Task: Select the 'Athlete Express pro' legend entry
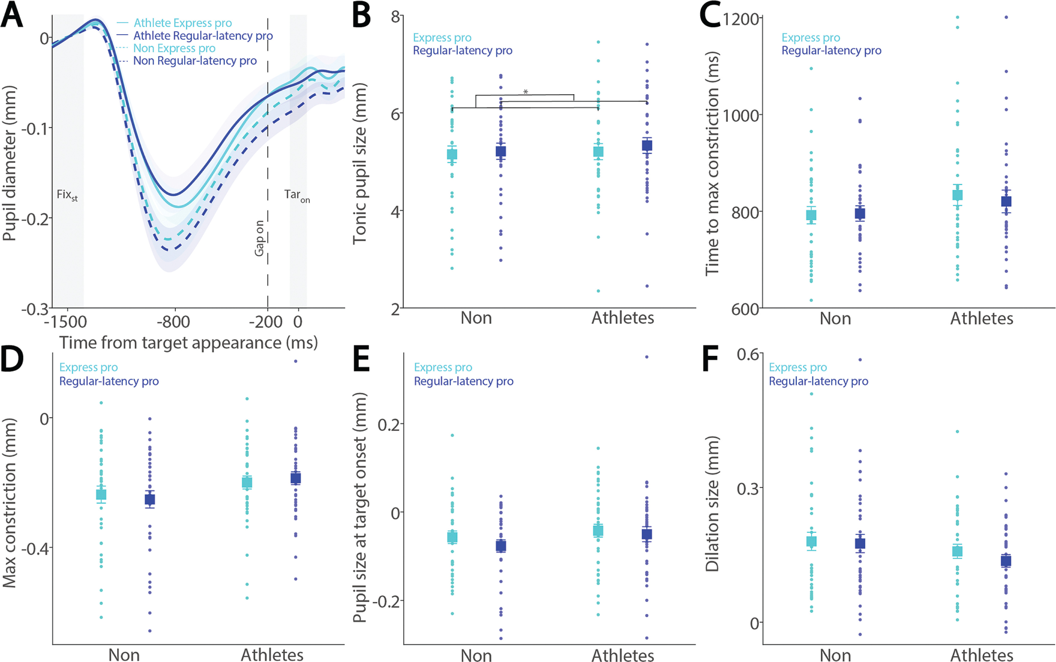pyautogui.click(x=182, y=23)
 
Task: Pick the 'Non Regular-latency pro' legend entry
pyautogui.click(x=195, y=61)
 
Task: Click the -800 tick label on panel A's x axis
pyautogui.click(x=174, y=322)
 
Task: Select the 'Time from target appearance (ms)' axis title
pyautogui.click(x=188, y=343)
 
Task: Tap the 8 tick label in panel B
pyautogui.click(x=396, y=17)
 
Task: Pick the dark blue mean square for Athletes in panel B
pyautogui.click(x=647, y=146)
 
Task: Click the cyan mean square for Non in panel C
pyautogui.click(x=811, y=215)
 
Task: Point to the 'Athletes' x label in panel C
pyautogui.click(x=982, y=318)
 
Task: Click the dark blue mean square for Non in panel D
pyautogui.click(x=150, y=499)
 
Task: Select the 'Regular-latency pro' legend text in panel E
pyautogui.click(x=463, y=381)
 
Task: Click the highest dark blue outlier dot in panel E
pyautogui.click(x=647, y=357)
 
